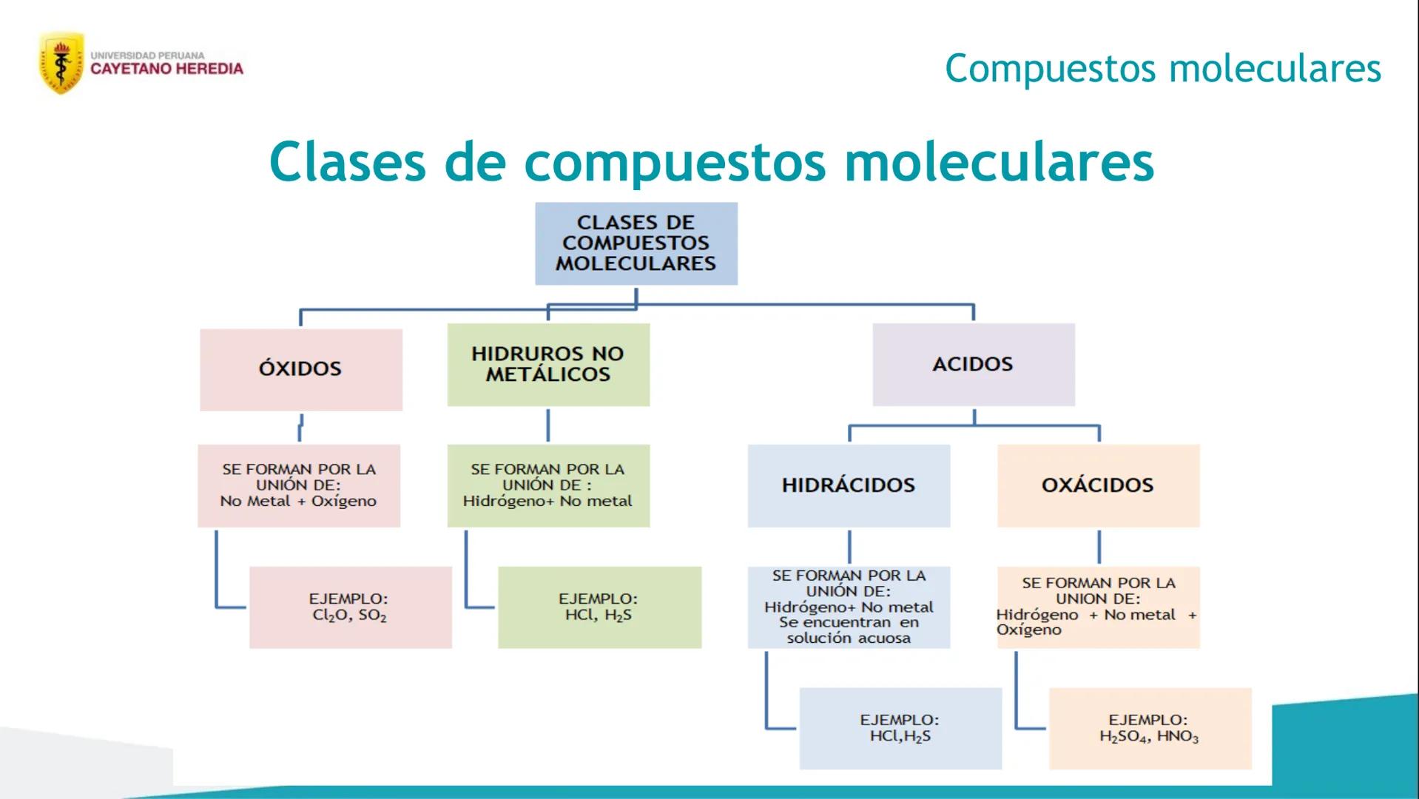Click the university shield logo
61,63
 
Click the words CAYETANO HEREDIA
166,70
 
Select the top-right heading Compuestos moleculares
1162,69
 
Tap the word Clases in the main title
348,161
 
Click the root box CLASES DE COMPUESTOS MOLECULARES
636,243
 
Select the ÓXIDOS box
300,369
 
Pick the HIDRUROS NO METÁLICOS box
547,364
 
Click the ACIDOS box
973,364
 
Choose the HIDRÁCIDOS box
848,485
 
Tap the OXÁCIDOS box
1097,485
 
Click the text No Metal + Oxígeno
298,502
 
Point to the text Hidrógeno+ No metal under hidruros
547,502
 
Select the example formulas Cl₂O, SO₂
349,616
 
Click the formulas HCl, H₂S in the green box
598,616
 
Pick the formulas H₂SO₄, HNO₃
1148,737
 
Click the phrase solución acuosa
848,638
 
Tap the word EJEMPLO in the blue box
899,720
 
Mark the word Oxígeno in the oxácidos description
1028,630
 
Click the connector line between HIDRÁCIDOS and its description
849,547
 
